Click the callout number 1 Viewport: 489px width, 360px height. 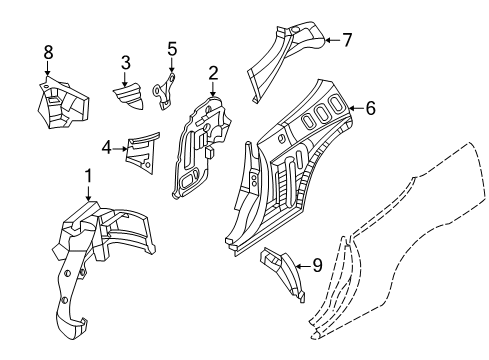pyautogui.click(x=88, y=176)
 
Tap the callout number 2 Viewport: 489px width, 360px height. pyautogui.click(x=213, y=73)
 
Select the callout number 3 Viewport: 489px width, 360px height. pyautogui.click(x=126, y=63)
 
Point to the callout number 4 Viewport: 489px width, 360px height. pyautogui.click(x=107, y=148)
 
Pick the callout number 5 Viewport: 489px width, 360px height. pyautogui.click(x=172, y=49)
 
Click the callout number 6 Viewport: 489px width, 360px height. pyautogui.click(x=370, y=108)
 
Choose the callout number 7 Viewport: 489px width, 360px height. pyautogui.click(x=347, y=40)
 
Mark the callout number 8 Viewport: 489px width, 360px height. pyautogui.click(x=48, y=52)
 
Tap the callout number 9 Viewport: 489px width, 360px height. pyautogui.click(x=317, y=266)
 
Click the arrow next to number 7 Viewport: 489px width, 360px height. pyautogui.click(x=332, y=40)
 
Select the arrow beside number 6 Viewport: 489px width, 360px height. pyautogui.click(x=356, y=108)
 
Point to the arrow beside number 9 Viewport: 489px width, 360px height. pyautogui.click(x=303, y=266)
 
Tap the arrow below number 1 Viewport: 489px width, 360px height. pyautogui.click(x=88, y=193)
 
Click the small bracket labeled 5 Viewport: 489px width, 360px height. pyautogui.click(x=164, y=91)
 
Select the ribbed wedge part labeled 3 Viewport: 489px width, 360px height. pyautogui.click(x=129, y=96)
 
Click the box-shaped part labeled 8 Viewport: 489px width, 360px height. pyautogui.click(x=62, y=103)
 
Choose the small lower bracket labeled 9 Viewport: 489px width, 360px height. pyautogui.click(x=283, y=273)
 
